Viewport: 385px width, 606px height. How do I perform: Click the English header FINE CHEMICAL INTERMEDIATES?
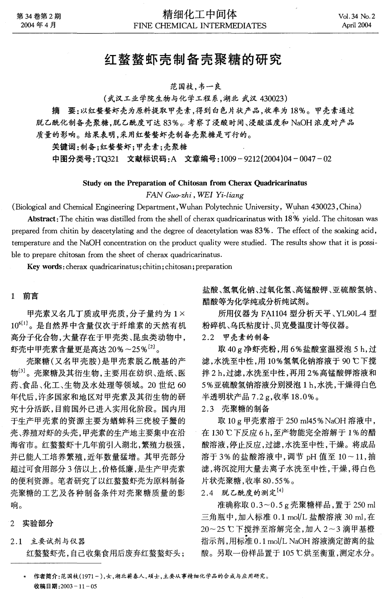pyautogui.click(x=199, y=26)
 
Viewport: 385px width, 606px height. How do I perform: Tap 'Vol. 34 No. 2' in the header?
pyautogui.click(x=356, y=17)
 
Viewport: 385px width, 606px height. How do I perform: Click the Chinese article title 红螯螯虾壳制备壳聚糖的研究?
pyautogui.click(x=194, y=59)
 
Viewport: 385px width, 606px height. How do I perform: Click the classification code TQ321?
pyautogui.click(x=108, y=159)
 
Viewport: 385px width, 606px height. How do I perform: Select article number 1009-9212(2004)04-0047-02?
pyautogui.click(x=274, y=159)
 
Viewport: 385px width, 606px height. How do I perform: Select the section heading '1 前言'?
pyautogui.click(x=25, y=296)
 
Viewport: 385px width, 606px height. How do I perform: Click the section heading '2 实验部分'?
pyautogui.click(x=33, y=523)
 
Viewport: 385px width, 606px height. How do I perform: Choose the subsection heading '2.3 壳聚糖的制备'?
pyautogui.click(x=236, y=409)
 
